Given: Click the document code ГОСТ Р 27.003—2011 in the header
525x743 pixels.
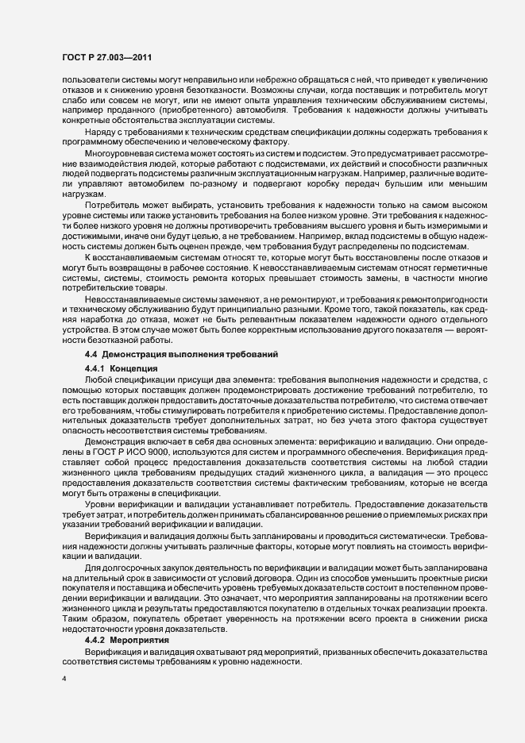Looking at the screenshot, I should [106, 58].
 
